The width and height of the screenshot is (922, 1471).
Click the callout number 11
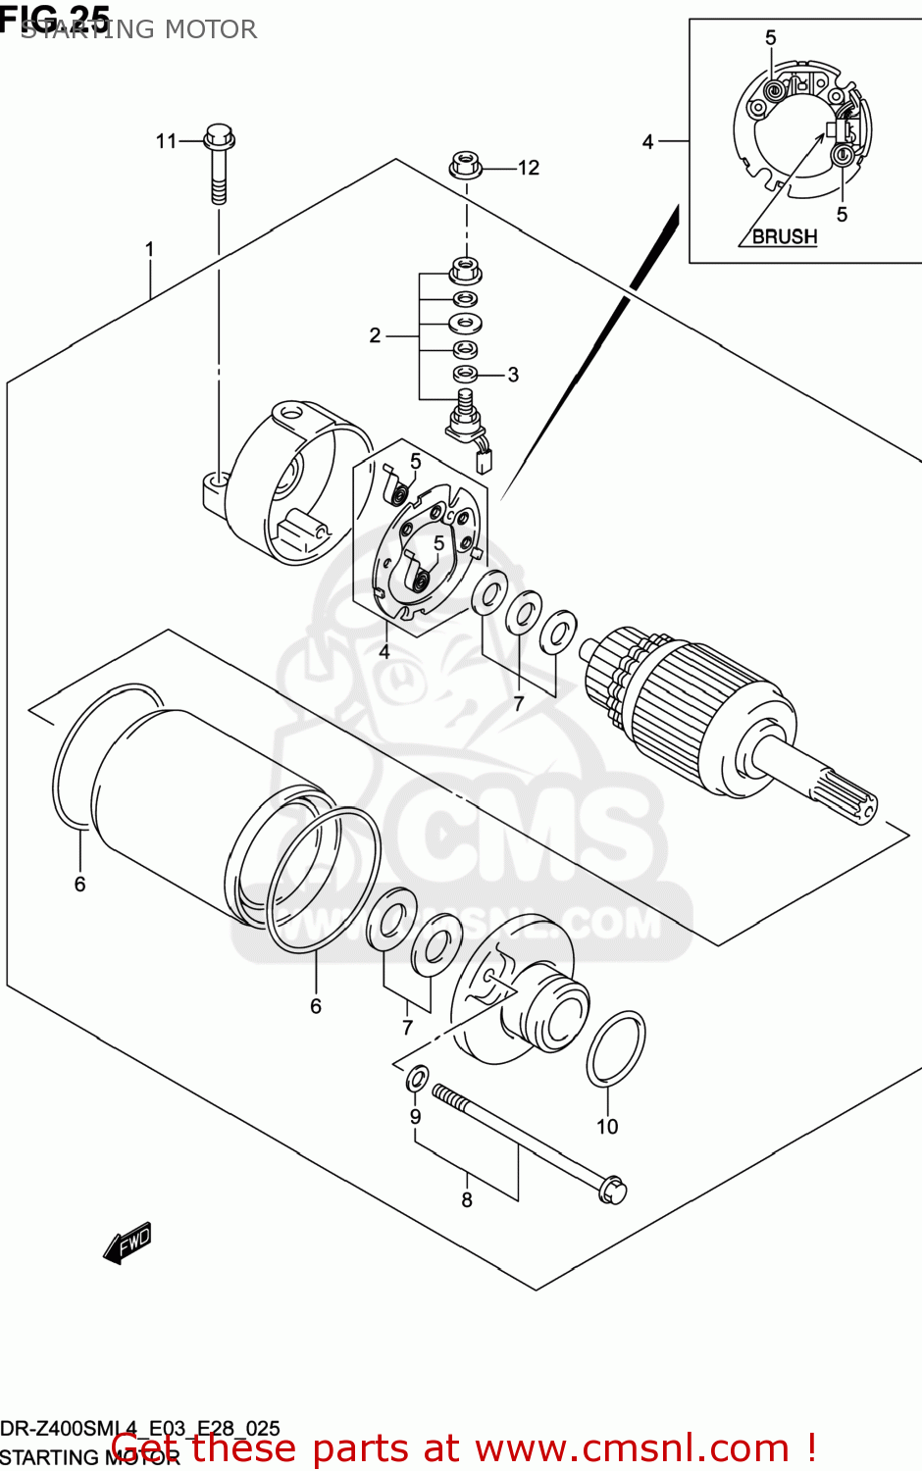point(166,141)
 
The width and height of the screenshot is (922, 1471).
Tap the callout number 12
point(529,168)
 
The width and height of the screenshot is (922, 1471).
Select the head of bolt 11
point(219,136)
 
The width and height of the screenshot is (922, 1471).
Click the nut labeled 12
point(466,165)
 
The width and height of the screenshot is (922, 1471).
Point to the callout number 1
point(150,249)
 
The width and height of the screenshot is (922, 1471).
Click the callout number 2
point(375,335)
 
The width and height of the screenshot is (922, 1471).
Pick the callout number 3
point(513,375)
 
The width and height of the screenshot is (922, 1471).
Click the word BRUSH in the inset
point(784,236)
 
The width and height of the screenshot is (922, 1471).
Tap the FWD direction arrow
point(128,1243)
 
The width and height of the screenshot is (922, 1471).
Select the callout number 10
point(607,1127)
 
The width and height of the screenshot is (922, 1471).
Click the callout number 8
point(467,1200)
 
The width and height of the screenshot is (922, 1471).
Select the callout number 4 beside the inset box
point(647,142)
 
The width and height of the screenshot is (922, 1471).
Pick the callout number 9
point(416,1117)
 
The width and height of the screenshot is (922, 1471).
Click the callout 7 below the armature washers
point(519,703)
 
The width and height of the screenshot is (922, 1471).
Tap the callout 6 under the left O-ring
point(80,885)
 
